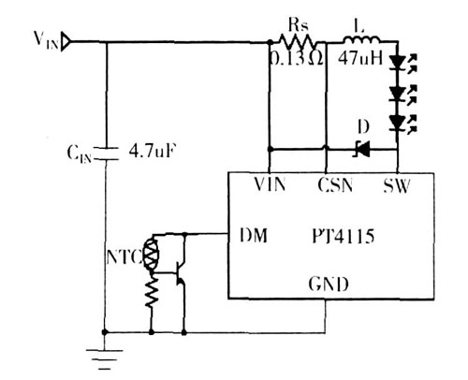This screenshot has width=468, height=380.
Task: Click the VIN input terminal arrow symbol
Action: (x=66, y=41)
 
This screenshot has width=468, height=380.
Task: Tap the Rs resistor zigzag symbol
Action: (x=297, y=41)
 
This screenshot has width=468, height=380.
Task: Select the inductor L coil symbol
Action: (x=361, y=40)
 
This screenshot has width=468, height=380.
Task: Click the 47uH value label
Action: (x=360, y=58)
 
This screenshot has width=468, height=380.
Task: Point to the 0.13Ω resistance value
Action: (x=297, y=58)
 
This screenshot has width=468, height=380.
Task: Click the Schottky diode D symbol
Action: (x=363, y=150)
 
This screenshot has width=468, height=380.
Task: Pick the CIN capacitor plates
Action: (x=106, y=153)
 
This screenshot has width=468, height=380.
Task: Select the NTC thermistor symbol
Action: (x=152, y=255)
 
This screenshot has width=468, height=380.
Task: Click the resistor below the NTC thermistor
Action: (x=152, y=293)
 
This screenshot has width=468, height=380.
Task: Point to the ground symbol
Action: (x=105, y=359)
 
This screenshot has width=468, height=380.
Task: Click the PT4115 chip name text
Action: (x=344, y=236)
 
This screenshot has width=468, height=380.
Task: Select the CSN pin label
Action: (x=335, y=184)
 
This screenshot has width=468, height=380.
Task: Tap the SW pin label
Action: (x=397, y=186)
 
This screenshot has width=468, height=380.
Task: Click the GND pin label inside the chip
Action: (x=329, y=284)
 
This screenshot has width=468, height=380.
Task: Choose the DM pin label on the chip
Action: (x=254, y=236)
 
